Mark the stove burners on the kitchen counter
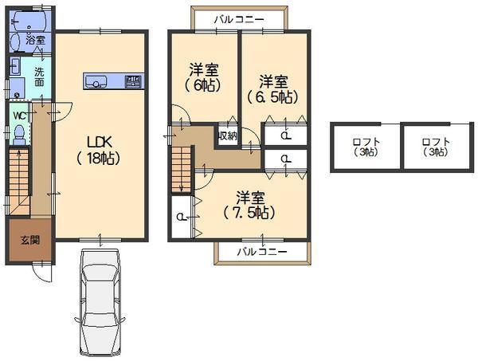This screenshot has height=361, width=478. pos(132,80)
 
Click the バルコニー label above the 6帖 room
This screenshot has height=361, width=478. pos(238,18)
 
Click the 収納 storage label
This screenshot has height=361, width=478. pos(227,135)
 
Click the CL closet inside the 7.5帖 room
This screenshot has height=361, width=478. pos(182,216)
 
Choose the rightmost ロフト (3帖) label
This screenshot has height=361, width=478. pos(436,147)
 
